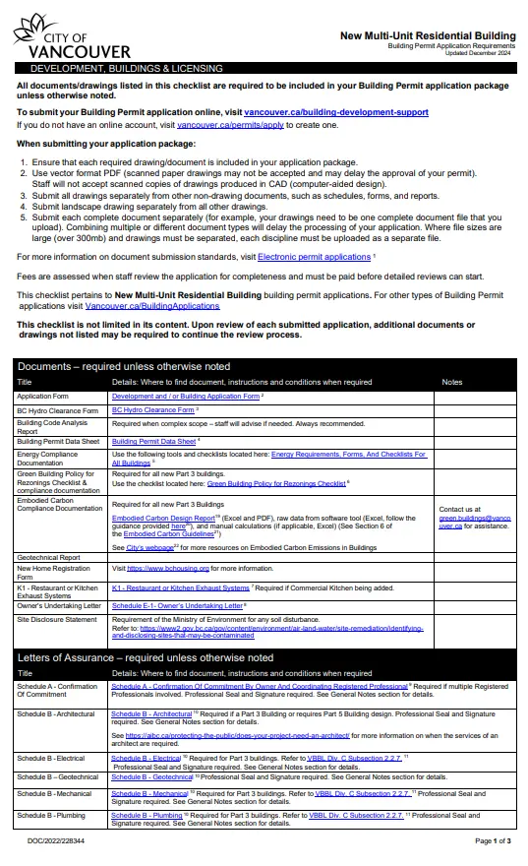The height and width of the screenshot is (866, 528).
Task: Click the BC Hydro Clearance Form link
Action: pos(152,410)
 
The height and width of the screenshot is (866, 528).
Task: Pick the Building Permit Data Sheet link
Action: pos(154,442)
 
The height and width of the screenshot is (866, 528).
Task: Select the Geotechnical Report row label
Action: pos(52,557)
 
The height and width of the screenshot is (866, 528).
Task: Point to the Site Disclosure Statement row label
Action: pos(57,620)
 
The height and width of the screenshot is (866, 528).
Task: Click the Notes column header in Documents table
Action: pos(452,382)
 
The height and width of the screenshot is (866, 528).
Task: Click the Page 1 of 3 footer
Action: pos(493,841)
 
